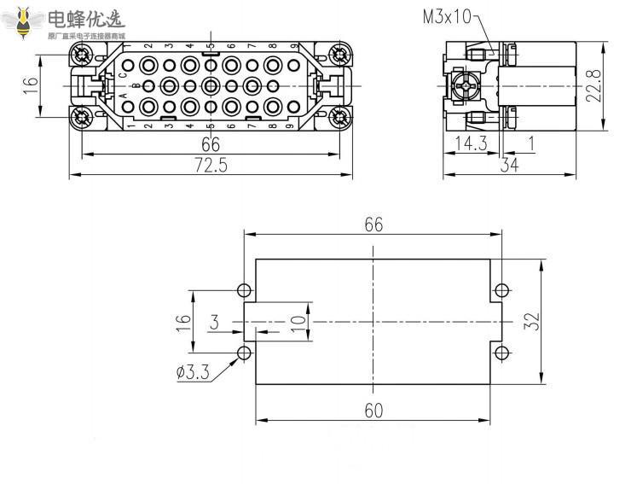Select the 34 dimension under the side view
pyautogui.click(x=510, y=166)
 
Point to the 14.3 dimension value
pyautogui.click(x=471, y=143)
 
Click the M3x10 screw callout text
pyautogui.click(x=446, y=16)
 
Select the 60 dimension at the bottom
pyautogui.click(x=373, y=411)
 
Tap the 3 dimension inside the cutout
pyautogui.click(x=215, y=322)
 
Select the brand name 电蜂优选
pyautogui.click(x=85, y=19)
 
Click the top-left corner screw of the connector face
pyautogui.click(x=82, y=56)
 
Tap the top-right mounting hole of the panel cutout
pyautogui.click(x=502, y=289)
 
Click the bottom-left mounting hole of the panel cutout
pyautogui.click(x=245, y=353)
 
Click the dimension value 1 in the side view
pyautogui.click(x=531, y=143)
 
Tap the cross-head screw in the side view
pyautogui.click(x=466, y=86)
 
